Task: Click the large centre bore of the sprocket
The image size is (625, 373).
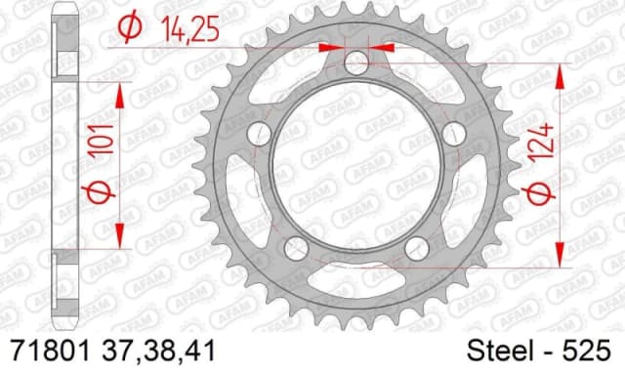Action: [357, 166]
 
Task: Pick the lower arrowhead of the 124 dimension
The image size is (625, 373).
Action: [562, 256]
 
